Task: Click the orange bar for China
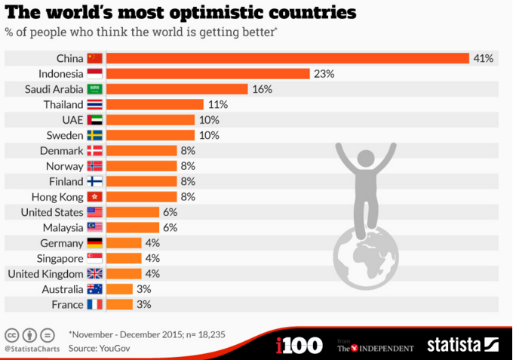pyautogui.click(x=287, y=58)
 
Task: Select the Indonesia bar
pyautogui.click(x=207, y=73)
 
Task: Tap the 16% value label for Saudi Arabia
pyautogui.click(x=262, y=89)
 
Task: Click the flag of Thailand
pyautogui.click(x=94, y=104)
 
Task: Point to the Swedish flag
pyautogui.click(x=94, y=135)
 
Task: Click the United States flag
pyautogui.click(x=94, y=212)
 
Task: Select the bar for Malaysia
pyautogui.click(x=132, y=227)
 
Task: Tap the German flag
pyautogui.click(x=94, y=243)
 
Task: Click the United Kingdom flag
pyautogui.click(x=94, y=274)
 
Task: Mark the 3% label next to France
pyautogui.click(x=143, y=305)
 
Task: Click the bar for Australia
pyautogui.click(x=119, y=289)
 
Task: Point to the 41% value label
pyautogui.click(x=483, y=58)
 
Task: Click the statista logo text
pyautogui.click(x=454, y=345)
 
